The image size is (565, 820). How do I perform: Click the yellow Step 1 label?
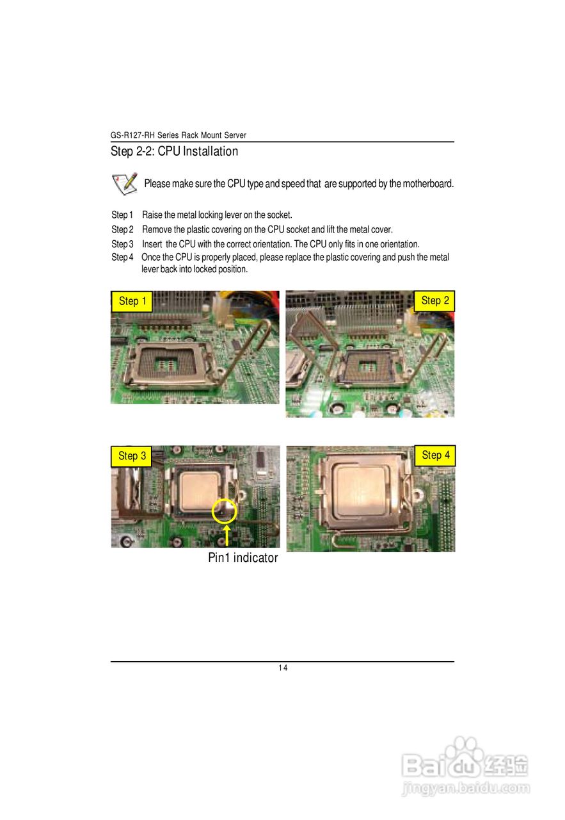[x=132, y=301]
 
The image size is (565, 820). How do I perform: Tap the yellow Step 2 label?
[x=435, y=300]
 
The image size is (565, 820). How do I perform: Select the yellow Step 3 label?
[x=132, y=456]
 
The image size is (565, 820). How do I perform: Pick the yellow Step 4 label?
[x=436, y=455]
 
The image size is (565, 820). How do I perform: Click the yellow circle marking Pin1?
[x=224, y=511]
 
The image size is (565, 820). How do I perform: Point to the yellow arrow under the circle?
[x=227, y=536]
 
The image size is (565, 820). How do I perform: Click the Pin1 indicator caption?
[x=243, y=558]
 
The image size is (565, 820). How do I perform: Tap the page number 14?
[x=282, y=668]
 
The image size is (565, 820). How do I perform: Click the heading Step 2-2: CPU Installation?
[x=174, y=152]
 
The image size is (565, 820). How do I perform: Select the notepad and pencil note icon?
[x=124, y=183]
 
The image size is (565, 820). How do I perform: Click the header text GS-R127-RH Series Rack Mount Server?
[x=178, y=135]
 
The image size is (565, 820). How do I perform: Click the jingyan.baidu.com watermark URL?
[x=466, y=789]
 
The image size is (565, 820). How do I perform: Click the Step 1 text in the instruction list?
[x=122, y=215]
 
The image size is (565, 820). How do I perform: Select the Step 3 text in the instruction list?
[x=122, y=244]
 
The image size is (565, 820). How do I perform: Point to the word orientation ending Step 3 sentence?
[x=400, y=244]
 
